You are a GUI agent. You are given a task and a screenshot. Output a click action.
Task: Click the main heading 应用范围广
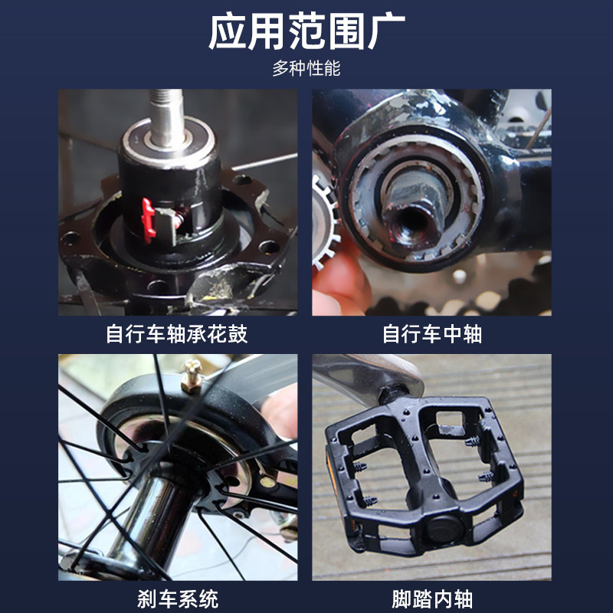click(x=306, y=32)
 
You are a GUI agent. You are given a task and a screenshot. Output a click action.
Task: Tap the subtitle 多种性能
click(x=306, y=69)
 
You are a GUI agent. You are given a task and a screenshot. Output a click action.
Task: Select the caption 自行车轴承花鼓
click(x=177, y=335)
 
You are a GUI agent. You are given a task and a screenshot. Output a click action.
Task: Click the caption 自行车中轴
click(x=432, y=335)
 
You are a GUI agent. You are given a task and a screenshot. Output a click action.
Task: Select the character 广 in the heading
click(x=385, y=32)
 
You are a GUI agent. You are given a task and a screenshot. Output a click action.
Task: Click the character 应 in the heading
click(x=228, y=32)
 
